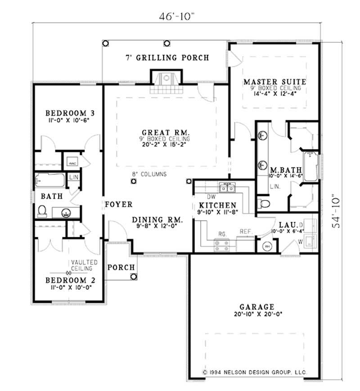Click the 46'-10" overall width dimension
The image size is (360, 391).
point(176,17)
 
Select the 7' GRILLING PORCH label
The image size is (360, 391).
point(166,58)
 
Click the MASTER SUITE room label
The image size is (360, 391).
point(274,82)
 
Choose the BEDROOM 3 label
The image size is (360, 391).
point(67,113)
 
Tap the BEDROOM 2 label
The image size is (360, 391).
point(70,280)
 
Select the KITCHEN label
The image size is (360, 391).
point(217,205)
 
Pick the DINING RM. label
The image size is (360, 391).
point(157,220)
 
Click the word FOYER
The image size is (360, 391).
point(118,205)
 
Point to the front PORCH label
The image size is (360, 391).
point(121,268)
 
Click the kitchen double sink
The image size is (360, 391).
point(226,187)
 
